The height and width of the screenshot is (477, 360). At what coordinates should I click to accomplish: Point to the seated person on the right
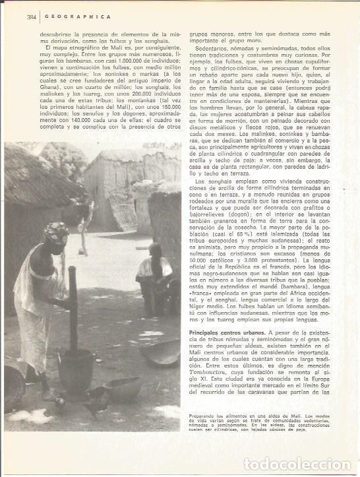click(154, 271)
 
